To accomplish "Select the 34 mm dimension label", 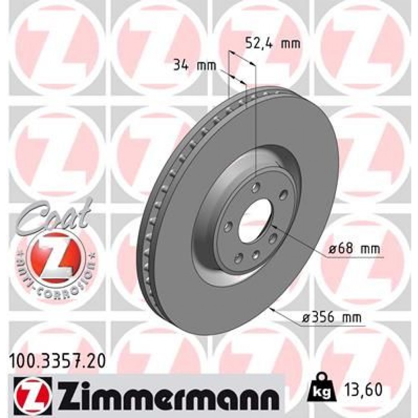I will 194,65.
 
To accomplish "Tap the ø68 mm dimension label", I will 354,250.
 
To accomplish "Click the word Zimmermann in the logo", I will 164,394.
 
